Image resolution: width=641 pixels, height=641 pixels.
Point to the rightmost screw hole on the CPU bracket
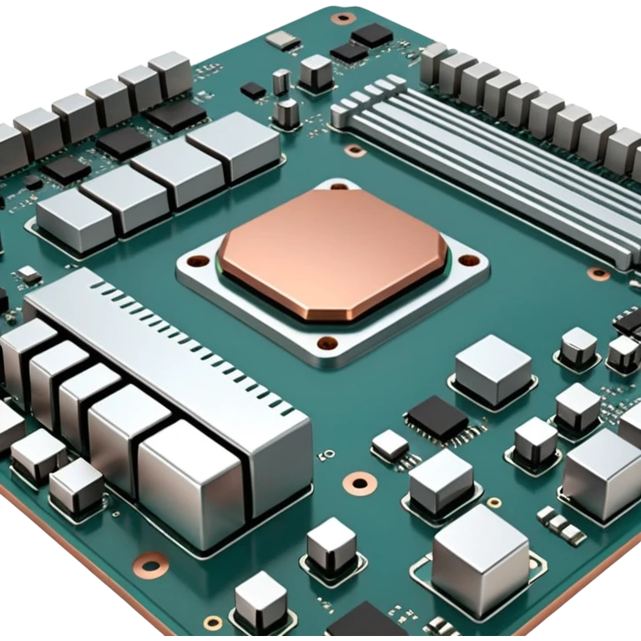[464, 260]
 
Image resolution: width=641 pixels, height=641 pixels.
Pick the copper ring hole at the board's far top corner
[341, 18]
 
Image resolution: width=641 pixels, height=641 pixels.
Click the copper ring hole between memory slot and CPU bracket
[356, 150]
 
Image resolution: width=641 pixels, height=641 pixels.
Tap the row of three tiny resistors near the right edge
[560, 524]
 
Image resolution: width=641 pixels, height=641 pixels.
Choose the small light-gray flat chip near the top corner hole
[285, 39]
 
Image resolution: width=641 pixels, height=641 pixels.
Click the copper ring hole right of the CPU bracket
[598, 273]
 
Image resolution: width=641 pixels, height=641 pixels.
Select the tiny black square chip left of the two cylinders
[253, 90]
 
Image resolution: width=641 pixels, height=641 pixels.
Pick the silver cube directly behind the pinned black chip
[492, 367]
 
